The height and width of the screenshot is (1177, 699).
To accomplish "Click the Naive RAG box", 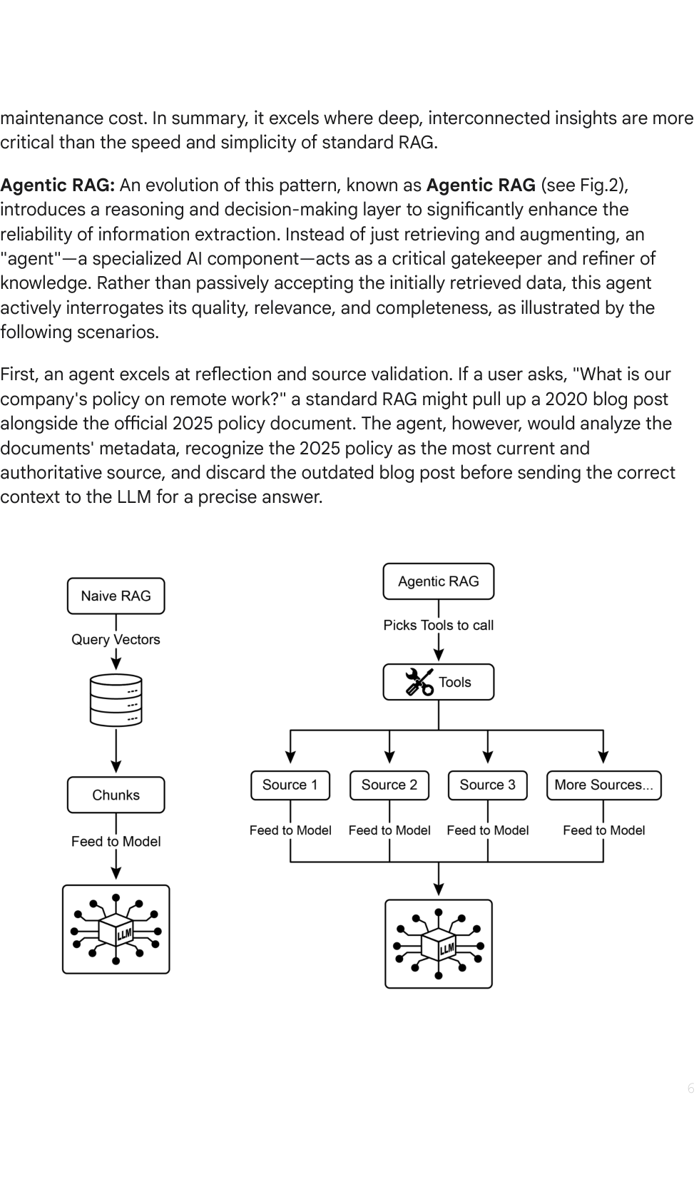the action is point(116,596).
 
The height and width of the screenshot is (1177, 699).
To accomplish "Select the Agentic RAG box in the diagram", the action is point(439,581).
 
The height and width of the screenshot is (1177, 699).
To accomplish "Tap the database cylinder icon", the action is point(116,700).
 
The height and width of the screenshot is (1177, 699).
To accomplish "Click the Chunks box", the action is point(116,795).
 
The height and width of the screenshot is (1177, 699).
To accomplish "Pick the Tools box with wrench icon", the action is point(439,682).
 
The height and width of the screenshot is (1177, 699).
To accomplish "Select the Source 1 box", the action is point(290,785).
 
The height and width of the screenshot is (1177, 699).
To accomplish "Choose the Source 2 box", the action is point(389,785).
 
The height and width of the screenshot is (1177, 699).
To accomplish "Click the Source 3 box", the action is point(488,785).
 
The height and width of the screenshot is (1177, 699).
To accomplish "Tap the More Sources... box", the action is point(604,785).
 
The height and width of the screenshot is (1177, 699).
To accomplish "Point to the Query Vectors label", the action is point(116,639).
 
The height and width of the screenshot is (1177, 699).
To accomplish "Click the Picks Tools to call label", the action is point(439,626).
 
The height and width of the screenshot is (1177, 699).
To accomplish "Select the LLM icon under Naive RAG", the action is point(116,929).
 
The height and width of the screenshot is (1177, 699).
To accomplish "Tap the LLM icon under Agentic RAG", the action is point(439,944).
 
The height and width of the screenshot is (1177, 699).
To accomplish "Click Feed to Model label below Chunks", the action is point(116,841).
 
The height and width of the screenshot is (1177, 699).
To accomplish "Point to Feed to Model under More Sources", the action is point(604,830).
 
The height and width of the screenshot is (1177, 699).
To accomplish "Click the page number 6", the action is point(690,1089).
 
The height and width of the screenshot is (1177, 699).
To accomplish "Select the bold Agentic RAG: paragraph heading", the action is point(57,185).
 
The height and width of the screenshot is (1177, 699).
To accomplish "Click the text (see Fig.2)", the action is point(584,185).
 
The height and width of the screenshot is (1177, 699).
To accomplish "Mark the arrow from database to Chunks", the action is point(116,750).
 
